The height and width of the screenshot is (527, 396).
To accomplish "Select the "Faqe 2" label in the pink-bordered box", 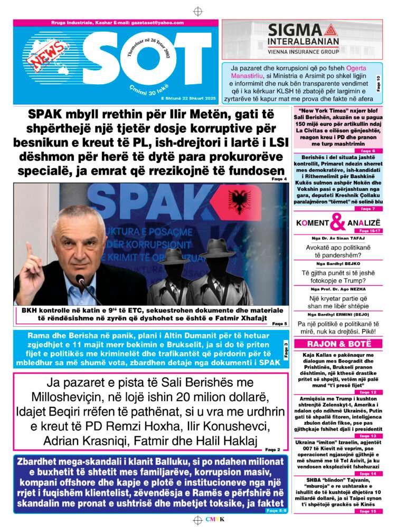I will [273, 450].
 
